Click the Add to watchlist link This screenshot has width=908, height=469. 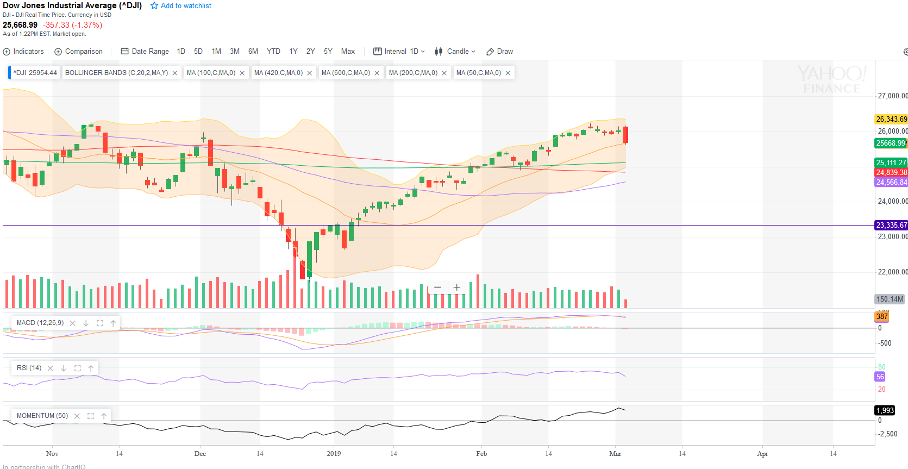point(181,6)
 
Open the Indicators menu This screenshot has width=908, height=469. point(23,52)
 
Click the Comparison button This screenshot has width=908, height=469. point(79,52)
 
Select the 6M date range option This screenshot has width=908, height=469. point(253,52)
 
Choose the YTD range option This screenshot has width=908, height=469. point(273,52)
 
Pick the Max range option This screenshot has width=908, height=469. point(348,52)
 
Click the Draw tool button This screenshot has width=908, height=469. point(500,52)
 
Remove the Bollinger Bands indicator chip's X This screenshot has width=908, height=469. point(175,73)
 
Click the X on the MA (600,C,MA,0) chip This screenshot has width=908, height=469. point(377,73)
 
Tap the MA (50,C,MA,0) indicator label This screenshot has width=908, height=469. point(479,73)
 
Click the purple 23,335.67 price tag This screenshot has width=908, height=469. point(891,225)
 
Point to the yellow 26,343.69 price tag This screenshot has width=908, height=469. point(891,119)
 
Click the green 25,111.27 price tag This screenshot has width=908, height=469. point(891,162)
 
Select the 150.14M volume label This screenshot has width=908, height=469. point(890,299)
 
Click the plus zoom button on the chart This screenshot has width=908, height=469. point(457,287)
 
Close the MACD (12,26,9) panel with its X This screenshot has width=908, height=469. point(73,323)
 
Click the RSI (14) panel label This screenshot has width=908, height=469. point(29,368)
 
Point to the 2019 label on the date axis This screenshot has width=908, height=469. point(334,454)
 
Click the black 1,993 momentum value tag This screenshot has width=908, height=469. point(885,410)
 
